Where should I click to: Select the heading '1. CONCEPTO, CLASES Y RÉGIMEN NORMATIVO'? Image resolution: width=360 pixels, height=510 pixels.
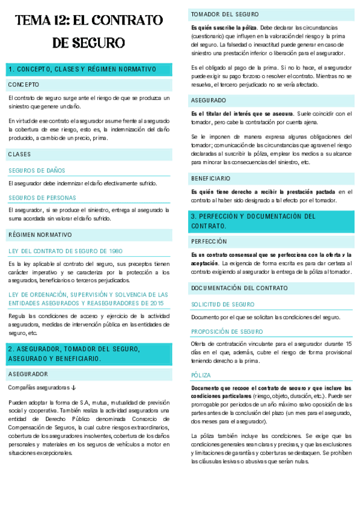(x=82, y=69)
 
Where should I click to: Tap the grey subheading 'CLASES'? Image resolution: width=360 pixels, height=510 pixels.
(x=20, y=155)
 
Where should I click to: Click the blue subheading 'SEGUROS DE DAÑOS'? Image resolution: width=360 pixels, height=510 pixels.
(x=37, y=171)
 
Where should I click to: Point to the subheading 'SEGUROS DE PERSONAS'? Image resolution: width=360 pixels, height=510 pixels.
(x=42, y=197)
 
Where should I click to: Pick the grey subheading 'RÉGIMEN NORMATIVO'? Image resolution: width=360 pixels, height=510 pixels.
(x=40, y=235)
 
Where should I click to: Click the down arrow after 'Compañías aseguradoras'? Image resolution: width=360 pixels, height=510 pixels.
(x=73, y=387)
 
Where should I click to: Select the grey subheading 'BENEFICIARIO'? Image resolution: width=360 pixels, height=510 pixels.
(x=211, y=179)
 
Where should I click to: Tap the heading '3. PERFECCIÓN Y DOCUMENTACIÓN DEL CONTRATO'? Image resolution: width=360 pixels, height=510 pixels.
(x=253, y=221)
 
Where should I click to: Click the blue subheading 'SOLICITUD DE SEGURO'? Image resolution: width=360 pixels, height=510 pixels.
(x=223, y=304)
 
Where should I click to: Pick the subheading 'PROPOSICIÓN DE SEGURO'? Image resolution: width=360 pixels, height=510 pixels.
(x=226, y=331)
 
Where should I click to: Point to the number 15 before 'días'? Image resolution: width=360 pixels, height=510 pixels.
(x=349, y=343)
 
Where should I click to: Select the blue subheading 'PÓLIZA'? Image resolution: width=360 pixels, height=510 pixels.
(x=201, y=375)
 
